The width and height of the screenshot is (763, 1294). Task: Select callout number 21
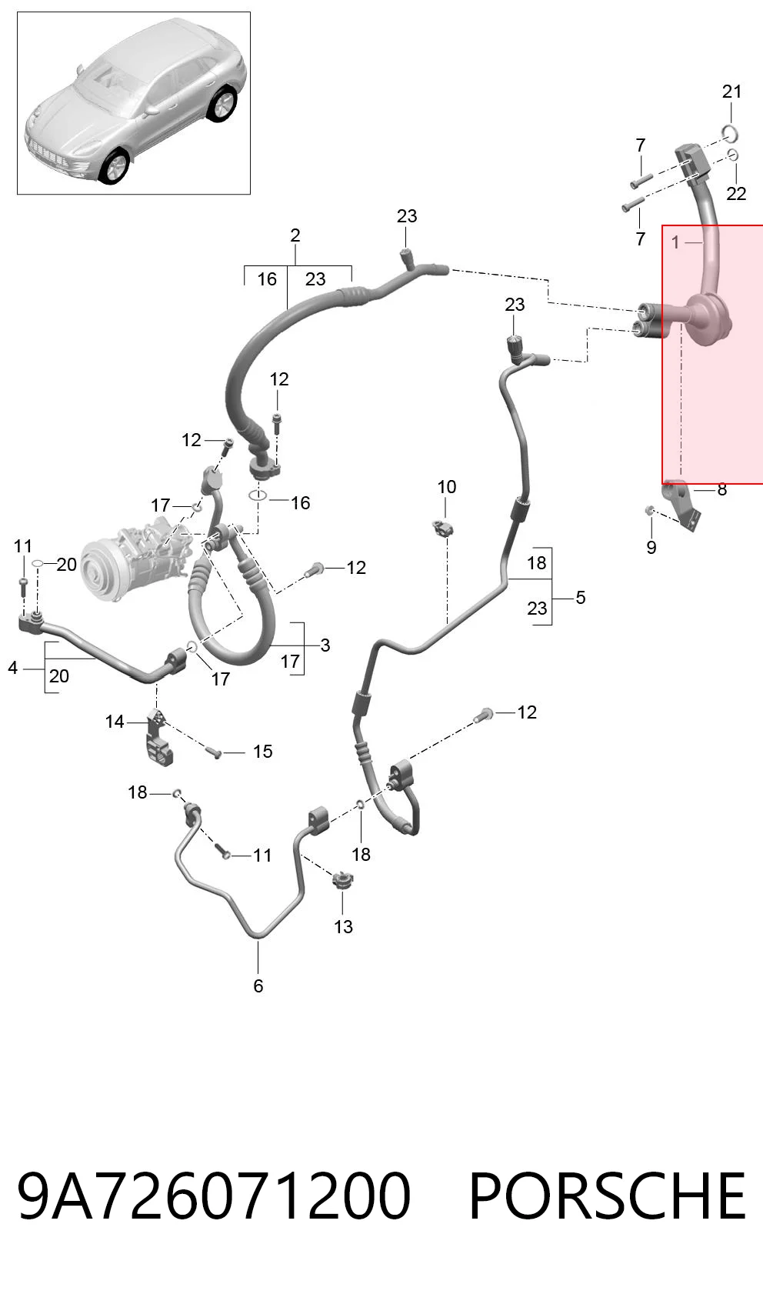click(731, 92)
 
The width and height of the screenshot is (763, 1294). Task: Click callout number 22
click(736, 194)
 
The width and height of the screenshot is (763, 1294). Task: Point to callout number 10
click(446, 487)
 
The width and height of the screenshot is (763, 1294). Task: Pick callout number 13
click(343, 926)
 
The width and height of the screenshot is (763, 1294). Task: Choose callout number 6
click(258, 986)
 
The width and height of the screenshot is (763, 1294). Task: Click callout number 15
click(263, 752)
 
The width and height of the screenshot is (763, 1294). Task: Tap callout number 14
click(115, 722)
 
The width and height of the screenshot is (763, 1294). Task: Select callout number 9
click(651, 547)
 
